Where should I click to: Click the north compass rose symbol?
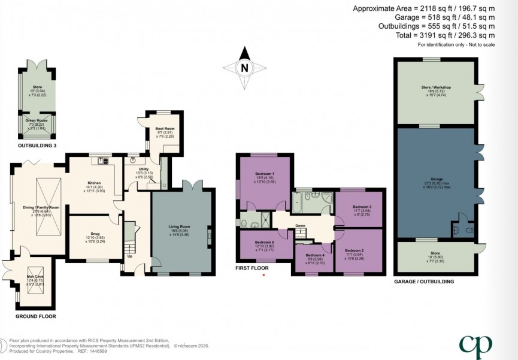(244, 68)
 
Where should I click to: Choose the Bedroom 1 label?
(264, 174)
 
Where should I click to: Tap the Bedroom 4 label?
(314, 255)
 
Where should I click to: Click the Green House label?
(37, 120)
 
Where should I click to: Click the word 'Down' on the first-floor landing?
(300, 226)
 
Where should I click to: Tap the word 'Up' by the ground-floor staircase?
(129, 257)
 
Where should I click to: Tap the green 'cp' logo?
(475, 344)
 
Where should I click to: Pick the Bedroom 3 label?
(358, 207)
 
